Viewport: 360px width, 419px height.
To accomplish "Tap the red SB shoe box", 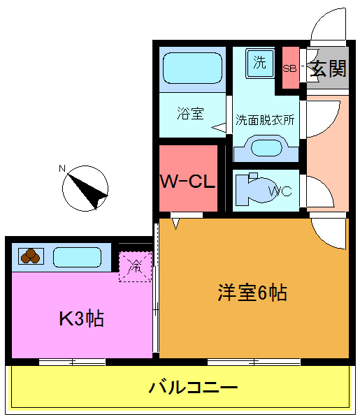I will (289, 68).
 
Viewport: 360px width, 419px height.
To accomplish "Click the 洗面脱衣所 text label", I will (265, 119).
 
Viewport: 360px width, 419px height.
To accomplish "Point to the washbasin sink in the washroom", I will (265, 148).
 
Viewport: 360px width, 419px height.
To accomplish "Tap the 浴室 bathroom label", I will (190, 112).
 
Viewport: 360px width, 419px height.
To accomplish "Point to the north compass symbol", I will (86, 187).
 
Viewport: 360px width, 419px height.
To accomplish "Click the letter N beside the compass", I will (62, 168).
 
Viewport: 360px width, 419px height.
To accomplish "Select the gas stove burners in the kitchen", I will (30, 257).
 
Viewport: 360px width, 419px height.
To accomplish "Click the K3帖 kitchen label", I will (81, 319).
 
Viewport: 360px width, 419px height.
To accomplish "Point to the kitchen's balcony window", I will (72, 362).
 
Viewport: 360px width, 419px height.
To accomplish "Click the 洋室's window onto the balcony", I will (254, 362).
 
